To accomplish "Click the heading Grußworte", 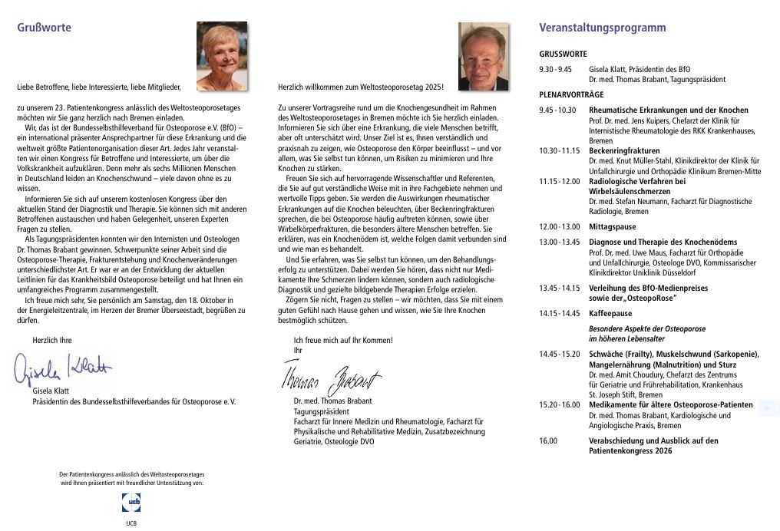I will click(44, 28).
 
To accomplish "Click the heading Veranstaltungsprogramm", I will click(603, 28).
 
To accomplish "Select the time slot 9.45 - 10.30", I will click(557, 110).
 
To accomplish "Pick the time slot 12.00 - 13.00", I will click(560, 227).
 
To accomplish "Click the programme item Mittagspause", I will click(612, 227).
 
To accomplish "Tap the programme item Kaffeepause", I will click(610, 314).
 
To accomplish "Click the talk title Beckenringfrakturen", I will click(624, 151).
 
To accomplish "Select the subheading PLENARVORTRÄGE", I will click(571, 94).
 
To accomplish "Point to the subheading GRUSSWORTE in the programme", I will click(563, 54).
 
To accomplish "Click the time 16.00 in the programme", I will click(548, 441).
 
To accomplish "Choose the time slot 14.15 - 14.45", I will click(560, 314).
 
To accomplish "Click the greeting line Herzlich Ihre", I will click(51, 340).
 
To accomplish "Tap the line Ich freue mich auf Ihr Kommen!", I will click(342, 340).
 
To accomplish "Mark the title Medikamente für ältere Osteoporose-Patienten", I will click(671, 404).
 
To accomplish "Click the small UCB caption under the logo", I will click(131, 523).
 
